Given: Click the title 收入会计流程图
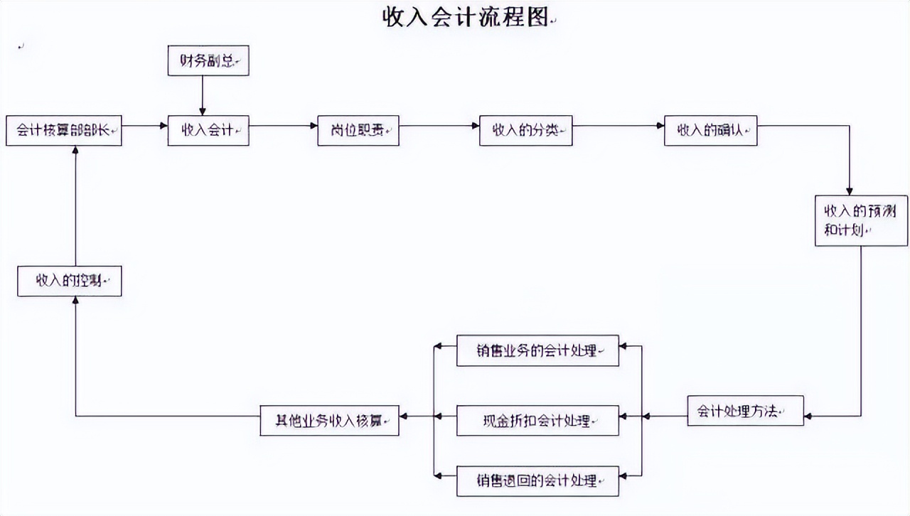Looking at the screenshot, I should pyautogui.click(x=466, y=17).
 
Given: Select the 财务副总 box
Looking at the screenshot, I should pyautogui.click(x=208, y=61).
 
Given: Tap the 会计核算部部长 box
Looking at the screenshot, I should pyautogui.click(x=64, y=131).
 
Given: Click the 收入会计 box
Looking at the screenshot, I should pyautogui.click(x=208, y=131).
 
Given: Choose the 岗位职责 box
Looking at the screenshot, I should pyautogui.click(x=358, y=131).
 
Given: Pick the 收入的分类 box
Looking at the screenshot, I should pyautogui.click(x=525, y=131).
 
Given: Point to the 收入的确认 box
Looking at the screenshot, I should pyautogui.click(x=710, y=131).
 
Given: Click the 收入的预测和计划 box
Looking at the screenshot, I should pyautogui.click(x=861, y=221).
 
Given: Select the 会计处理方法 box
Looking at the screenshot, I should pyautogui.click(x=745, y=411).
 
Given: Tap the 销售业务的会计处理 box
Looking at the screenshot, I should pyautogui.click(x=537, y=350).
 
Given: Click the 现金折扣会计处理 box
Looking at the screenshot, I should pyautogui.click(x=537, y=420).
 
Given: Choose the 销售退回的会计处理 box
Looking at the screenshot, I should pyautogui.click(x=537, y=480).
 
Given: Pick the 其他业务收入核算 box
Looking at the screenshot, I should pyautogui.click(x=329, y=420).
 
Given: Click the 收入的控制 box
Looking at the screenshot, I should pyautogui.click(x=70, y=281).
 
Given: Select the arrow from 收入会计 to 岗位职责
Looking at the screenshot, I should pyautogui.click(x=283, y=127).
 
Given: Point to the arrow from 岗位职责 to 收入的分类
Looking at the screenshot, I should pyautogui.click(x=439, y=127).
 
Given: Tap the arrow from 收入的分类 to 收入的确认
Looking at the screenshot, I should pyautogui.click(x=618, y=127).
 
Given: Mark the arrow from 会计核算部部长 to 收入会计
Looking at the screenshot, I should pyautogui.click(x=145, y=127).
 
